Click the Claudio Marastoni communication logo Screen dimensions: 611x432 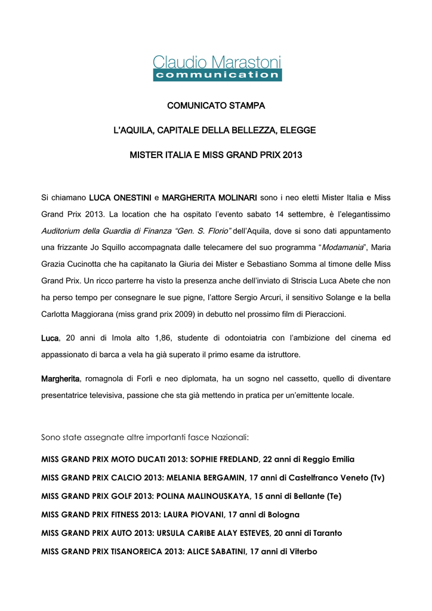tap(217, 67)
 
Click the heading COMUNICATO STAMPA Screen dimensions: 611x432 tap(216, 106)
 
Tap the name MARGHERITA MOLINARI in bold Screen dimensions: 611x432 tap(209, 197)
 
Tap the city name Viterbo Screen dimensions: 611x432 tap(303, 551)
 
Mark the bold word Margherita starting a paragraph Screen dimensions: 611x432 tap(60, 379)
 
